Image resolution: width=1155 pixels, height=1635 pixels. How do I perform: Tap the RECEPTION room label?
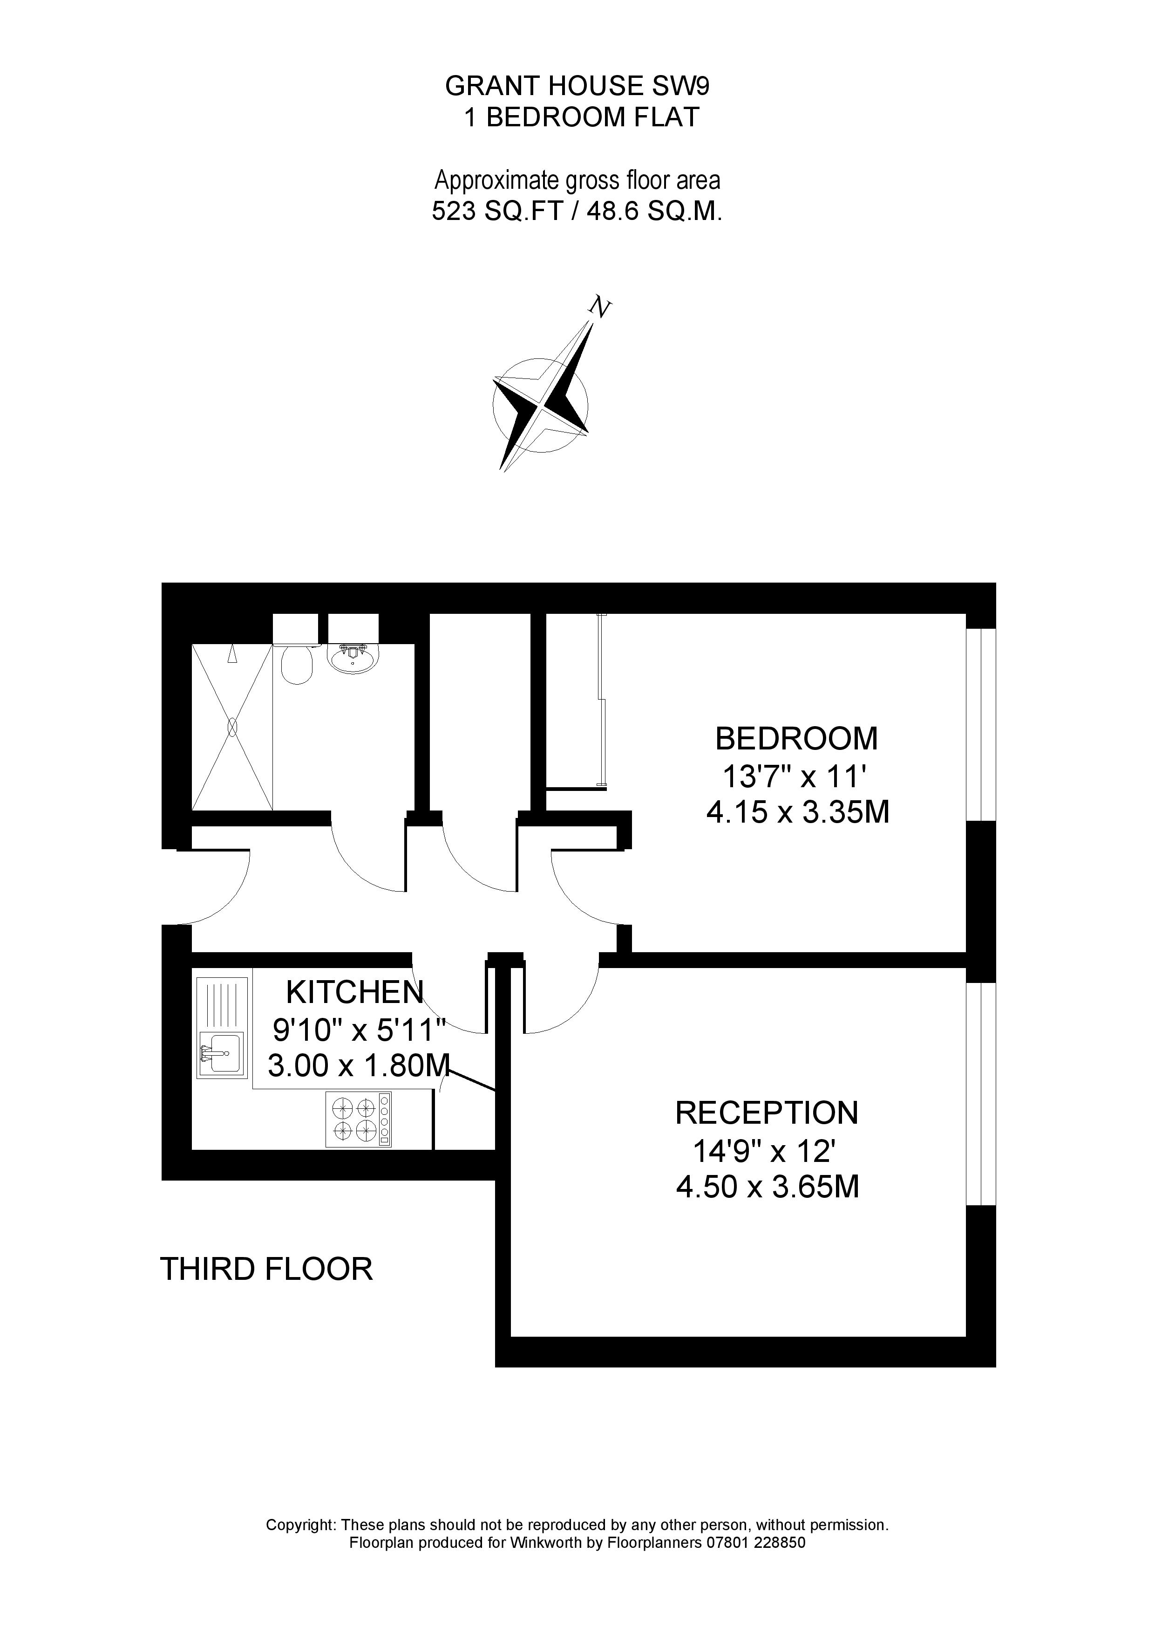pyautogui.click(x=767, y=1113)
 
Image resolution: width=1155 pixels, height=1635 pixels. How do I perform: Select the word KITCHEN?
pyautogui.click(x=354, y=992)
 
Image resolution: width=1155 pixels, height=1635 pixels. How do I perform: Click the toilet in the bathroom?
pyautogui.click(x=297, y=665)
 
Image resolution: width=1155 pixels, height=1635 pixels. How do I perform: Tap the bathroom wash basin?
pyautogui.click(x=353, y=658)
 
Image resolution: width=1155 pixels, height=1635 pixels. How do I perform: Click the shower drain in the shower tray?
pyautogui.click(x=232, y=727)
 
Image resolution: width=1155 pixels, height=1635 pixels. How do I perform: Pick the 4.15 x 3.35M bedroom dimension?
pyautogui.click(x=798, y=812)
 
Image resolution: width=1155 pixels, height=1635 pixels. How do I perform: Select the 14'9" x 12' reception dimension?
pyautogui.click(x=767, y=1149)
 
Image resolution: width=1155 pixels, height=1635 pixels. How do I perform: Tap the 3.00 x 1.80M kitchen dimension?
pyautogui.click(x=359, y=1065)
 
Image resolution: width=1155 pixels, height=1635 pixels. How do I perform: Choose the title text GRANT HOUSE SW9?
pyautogui.click(x=577, y=86)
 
